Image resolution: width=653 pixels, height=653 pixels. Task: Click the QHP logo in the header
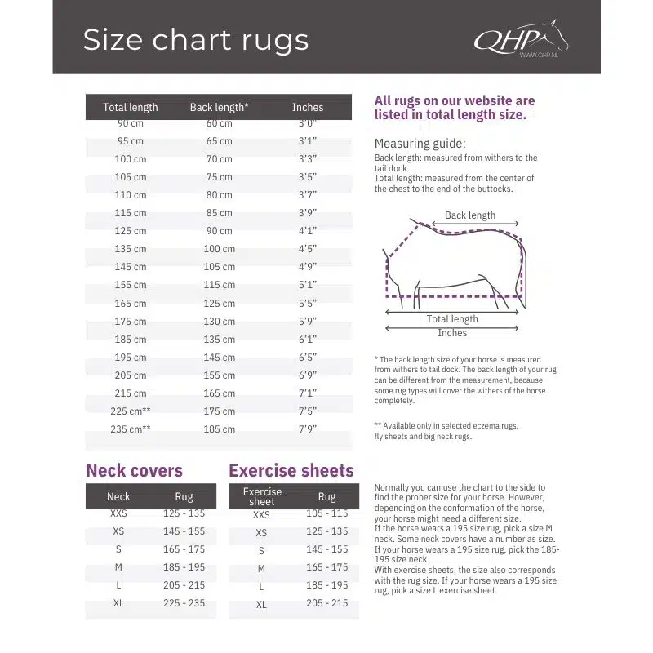[x=520, y=39]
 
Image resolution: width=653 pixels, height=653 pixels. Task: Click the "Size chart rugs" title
[x=196, y=40]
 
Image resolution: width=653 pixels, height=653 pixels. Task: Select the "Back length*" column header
[x=219, y=107]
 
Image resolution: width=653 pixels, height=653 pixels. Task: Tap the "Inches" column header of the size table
[x=308, y=107]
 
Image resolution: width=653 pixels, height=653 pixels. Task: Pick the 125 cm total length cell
[x=131, y=231]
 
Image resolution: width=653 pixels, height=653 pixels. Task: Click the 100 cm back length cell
[x=219, y=249]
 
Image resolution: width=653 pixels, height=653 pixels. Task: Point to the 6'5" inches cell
[x=308, y=358]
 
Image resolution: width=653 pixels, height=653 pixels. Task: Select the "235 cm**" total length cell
[x=131, y=429]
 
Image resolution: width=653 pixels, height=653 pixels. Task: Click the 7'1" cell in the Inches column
[x=308, y=393]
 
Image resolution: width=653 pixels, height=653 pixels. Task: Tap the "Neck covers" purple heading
[x=134, y=470]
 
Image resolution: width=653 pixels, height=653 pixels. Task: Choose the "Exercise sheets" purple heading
[x=291, y=470]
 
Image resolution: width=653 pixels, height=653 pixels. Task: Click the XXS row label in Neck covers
[x=118, y=513]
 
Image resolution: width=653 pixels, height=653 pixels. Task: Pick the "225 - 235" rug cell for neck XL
[x=184, y=603]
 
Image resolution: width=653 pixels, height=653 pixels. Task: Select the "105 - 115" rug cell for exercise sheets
[x=326, y=513]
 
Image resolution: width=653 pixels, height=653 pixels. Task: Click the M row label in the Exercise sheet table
[x=261, y=568]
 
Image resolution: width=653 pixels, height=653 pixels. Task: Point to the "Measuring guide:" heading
[x=420, y=143]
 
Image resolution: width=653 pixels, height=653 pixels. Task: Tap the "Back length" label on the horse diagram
[x=470, y=215]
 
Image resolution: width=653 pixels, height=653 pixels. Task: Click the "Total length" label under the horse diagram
[x=452, y=319]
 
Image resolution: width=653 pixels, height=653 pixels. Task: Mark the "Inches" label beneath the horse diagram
[x=452, y=333]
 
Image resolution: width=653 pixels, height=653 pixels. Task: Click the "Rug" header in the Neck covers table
[x=184, y=496]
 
